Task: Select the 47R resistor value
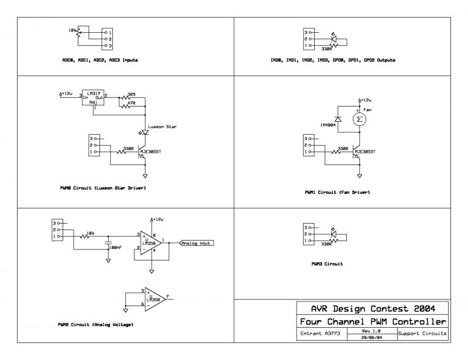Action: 131,103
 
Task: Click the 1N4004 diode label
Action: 329,125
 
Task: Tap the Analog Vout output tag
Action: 197,243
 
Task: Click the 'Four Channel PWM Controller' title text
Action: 373,322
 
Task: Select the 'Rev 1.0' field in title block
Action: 370,331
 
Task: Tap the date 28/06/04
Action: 370,337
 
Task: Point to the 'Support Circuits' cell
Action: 422,334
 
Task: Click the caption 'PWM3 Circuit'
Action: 327,264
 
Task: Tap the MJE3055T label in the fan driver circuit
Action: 364,151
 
